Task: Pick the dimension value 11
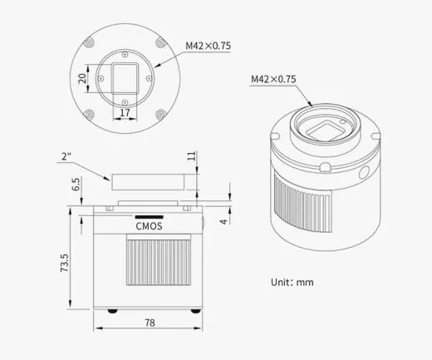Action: point(191,155)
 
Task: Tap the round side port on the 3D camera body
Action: point(364,175)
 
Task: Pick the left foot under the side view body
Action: point(113,312)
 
